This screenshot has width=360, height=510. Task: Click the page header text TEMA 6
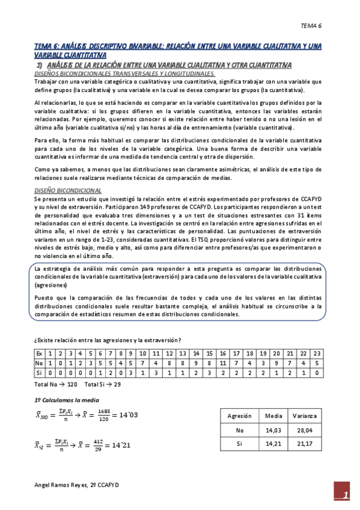coord(311,26)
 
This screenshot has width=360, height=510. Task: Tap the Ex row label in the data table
coord(39,354)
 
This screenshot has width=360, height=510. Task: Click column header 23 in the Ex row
coord(317,354)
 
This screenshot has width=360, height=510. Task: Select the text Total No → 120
coord(56,384)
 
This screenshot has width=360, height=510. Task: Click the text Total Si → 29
coord(103,384)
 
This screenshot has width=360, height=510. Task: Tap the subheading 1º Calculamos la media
coord(66,399)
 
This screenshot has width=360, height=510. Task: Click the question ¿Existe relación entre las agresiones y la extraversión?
coord(109,340)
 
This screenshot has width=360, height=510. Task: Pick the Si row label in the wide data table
coord(39,373)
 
